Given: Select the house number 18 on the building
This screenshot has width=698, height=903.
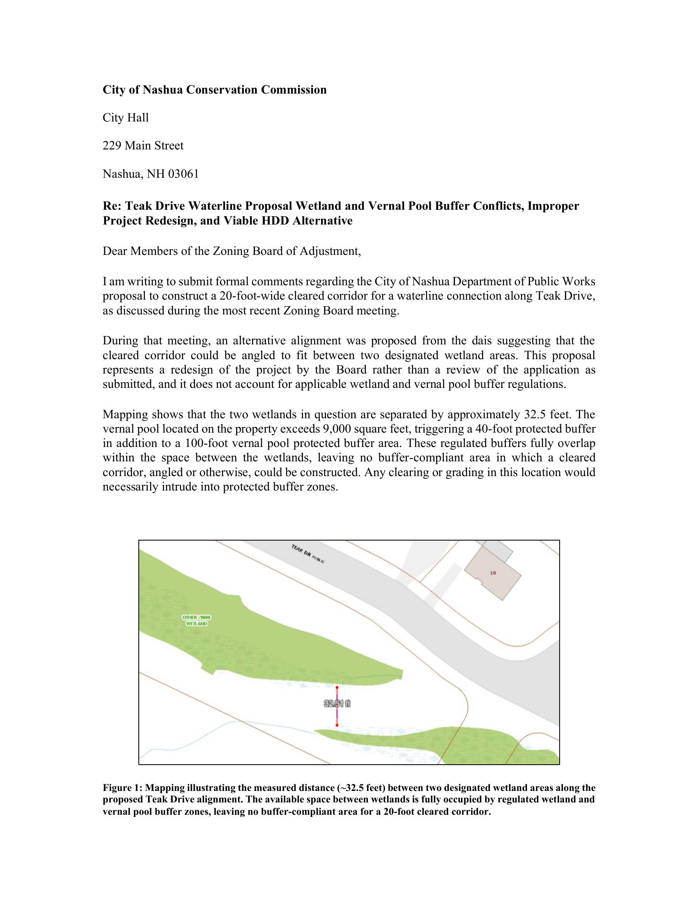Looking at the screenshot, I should click(492, 573).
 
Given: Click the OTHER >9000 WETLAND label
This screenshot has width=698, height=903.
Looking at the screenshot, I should click(197, 620).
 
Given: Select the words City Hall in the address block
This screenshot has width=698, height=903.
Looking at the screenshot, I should click(125, 118).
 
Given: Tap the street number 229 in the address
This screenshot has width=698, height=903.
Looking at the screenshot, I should click(112, 146).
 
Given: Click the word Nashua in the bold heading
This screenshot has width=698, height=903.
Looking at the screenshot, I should click(162, 90).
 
